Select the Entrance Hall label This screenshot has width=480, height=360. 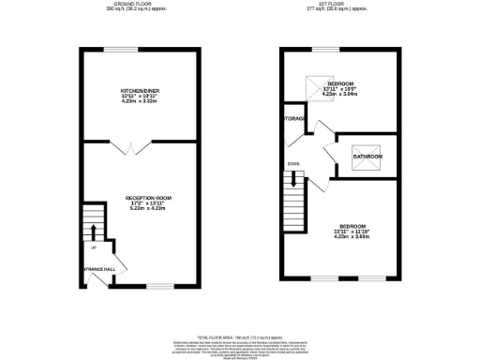click(x=97, y=269)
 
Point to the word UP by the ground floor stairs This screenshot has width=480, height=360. click(x=93, y=247)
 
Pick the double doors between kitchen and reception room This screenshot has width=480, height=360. click(x=138, y=146)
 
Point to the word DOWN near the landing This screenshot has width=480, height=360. click(x=293, y=170)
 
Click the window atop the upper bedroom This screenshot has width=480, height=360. click(x=328, y=48)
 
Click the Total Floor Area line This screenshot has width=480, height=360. click(x=241, y=336)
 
